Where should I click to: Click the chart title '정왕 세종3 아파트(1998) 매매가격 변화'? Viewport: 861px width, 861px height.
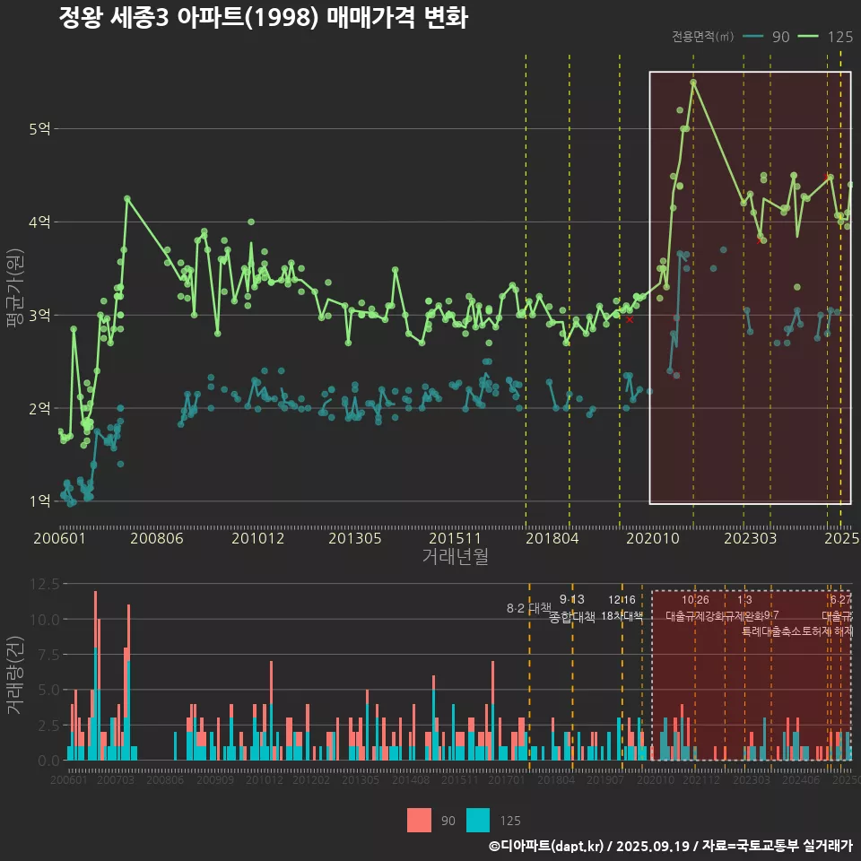point(263,18)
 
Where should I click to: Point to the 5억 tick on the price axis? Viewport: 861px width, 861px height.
point(39,129)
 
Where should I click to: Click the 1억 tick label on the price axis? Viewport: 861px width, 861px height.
point(39,501)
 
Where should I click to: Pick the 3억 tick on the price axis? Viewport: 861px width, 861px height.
point(39,315)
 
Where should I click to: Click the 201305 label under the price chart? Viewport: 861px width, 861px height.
point(355,538)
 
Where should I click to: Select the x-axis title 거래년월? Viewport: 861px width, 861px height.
point(455,556)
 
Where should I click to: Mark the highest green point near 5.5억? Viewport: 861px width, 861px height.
point(693,83)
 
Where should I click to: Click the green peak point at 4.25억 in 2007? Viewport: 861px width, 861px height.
point(127,198)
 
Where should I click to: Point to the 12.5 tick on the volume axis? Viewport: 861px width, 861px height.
point(45,584)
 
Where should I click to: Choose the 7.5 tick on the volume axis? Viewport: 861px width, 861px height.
point(45,655)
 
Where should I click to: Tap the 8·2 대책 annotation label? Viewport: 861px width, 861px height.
point(528,608)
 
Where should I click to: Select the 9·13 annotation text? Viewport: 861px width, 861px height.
point(571,599)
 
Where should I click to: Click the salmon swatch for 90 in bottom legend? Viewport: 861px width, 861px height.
point(418,820)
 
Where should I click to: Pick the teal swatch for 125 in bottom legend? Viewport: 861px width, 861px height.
point(478,820)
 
